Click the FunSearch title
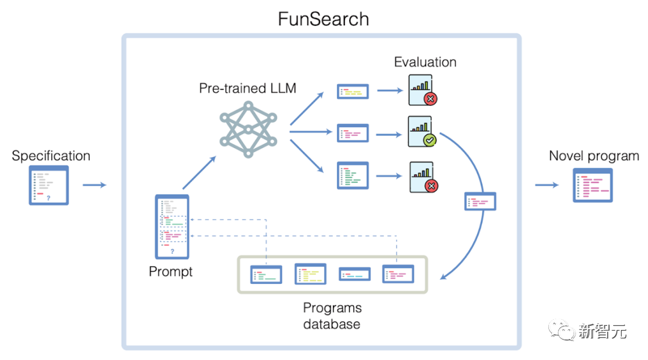[323, 19]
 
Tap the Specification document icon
[49, 185]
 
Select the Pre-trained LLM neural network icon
[248, 130]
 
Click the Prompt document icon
[172, 227]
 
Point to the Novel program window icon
[593, 185]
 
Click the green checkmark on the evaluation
[430, 140]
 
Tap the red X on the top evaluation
[431, 99]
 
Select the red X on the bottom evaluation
[431, 186]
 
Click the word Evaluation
[425, 62]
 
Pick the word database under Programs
[331, 324]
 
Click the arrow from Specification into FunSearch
[95, 185]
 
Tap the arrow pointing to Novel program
[547, 185]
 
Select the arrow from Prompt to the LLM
[199, 173]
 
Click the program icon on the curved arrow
[480, 201]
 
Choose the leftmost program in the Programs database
[266, 274]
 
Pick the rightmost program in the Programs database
[398, 274]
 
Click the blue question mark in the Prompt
[172, 251]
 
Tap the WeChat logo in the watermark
[562, 330]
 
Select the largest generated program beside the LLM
[353, 176]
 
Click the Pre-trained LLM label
[248, 88]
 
